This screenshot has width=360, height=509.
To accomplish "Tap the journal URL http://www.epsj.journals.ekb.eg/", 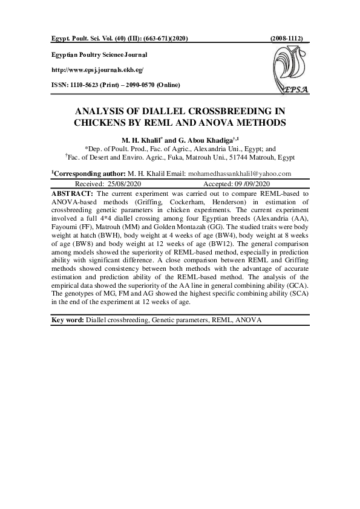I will point(97,70).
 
